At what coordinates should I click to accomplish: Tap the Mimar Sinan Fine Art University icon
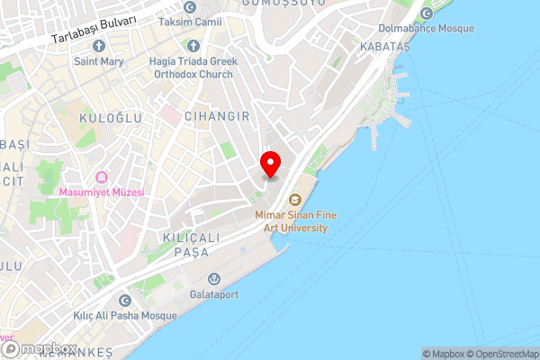click(293, 200)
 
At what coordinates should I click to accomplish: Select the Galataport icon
click(214, 278)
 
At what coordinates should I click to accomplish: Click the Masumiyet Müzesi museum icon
click(102, 175)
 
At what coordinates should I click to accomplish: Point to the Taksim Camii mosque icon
click(189, 7)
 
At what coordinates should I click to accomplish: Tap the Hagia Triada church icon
click(192, 45)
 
